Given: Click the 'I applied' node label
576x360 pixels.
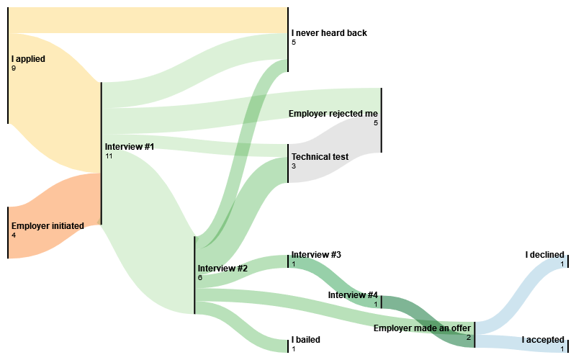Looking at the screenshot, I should pyautogui.click(x=28, y=59).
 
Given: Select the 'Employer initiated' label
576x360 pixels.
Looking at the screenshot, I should pyautogui.click(x=48, y=225).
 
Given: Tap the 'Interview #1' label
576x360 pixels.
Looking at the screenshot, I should pyautogui.click(x=130, y=147).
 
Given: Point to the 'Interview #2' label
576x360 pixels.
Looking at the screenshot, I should pyautogui.click(x=222, y=269).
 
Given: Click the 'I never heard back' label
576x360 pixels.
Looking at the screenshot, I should pyautogui.click(x=328, y=33).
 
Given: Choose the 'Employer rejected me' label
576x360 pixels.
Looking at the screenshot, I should pyautogui.click(x=333, y=114).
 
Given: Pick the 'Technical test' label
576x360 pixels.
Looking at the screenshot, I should pyautogui.click(x=320, y=157).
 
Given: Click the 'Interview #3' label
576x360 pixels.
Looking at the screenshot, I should pyautogui.click(x=316, y=255).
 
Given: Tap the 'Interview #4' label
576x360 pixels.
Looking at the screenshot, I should pyautogui.click(x=353, y=295).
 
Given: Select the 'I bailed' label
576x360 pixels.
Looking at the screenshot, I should pyautogui.click(x=305, y=340).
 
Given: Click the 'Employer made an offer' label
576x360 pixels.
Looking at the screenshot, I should pyautogui.click(x=422, y=328).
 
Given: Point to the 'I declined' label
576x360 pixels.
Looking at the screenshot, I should pyautogui.click(x=545, y=255).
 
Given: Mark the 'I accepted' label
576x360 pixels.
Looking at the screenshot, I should pyautogui.click(x=543, y=340).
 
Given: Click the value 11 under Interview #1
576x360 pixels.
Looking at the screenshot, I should pyautogui.click(x=109, y=156).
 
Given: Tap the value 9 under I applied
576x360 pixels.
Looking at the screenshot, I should pyautogui.click(x=14, y=68).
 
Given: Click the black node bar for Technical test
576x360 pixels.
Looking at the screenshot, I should pyautogui.click(x=288, y=163).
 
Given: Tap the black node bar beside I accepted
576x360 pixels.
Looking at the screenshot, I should pyautogui.click(x=568, y=345).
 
